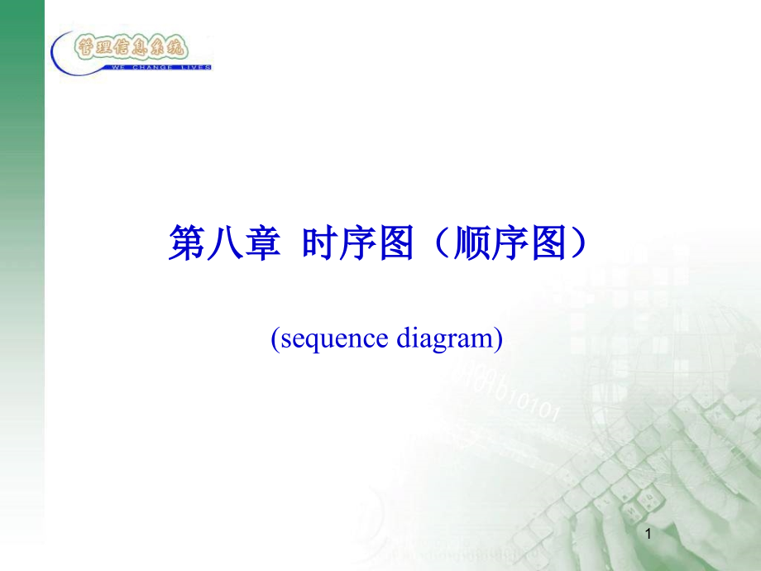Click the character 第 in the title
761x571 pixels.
(186, 246)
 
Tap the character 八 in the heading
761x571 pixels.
(223, 246)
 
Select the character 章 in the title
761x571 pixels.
(259, 246)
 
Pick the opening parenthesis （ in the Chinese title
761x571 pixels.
(440, 246)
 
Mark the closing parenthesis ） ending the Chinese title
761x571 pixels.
(581, 246)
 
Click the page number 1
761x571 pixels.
(648, 536)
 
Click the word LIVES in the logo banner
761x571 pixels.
(193, 67)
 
